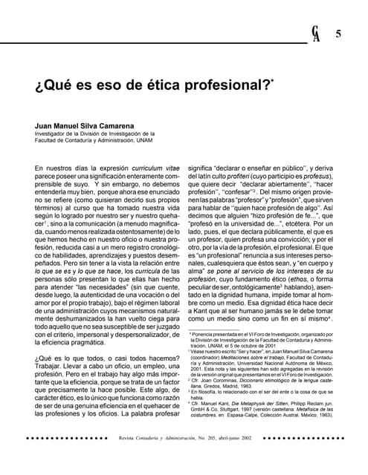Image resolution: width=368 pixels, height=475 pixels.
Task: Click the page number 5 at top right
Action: click(x=338, y=34)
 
